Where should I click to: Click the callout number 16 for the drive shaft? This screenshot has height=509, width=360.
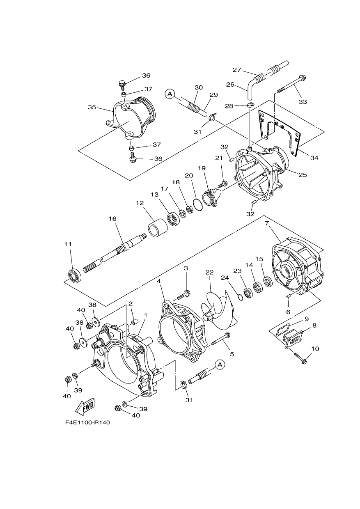[x=112, y=219]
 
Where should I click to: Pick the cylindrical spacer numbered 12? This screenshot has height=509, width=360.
[x=158, y=228]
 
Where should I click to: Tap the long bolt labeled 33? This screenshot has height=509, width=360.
[x=291, y=84]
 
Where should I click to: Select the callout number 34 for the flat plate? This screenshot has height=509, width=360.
[x=314, y=158]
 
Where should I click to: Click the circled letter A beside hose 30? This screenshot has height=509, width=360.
[x=170, y=94]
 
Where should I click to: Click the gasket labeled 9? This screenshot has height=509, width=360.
[x=280, y=328]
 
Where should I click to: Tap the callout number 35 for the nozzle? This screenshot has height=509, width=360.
[x=92, y=107]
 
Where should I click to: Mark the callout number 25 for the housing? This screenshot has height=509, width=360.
[x=303, y=174]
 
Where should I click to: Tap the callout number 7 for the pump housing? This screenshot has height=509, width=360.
[x=267, y=223]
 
